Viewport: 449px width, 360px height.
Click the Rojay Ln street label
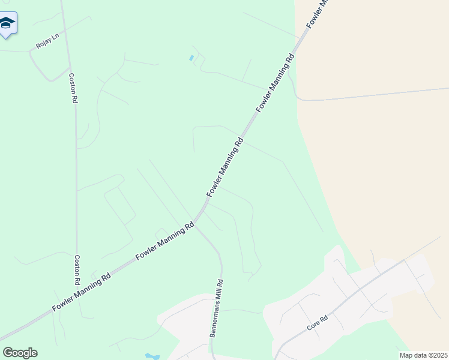point(47,41)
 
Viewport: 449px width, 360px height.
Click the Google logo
point(20,352)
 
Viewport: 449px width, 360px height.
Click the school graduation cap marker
point(7,23)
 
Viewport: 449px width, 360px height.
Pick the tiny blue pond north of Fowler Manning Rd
point(191,58)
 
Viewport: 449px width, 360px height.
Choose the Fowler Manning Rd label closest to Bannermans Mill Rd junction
point(165,241)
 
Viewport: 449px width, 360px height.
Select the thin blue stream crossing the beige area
point(372,94)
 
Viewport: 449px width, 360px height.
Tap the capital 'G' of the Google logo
point(8,352)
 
